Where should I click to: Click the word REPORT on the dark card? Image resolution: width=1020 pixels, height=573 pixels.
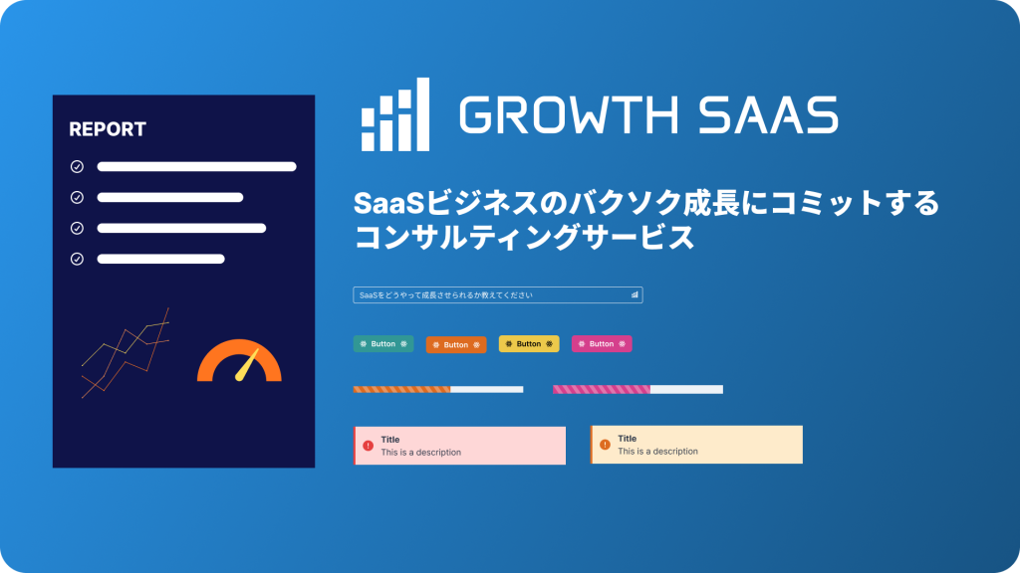[108, 129]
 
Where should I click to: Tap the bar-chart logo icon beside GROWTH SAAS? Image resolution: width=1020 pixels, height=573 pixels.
[395, 114]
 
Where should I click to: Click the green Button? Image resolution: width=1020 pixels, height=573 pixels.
[383, 344]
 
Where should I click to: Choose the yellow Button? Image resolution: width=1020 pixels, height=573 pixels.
[529, 344]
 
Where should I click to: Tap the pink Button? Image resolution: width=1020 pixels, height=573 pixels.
[602, 344]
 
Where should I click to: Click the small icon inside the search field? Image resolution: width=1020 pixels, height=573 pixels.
[635, 294]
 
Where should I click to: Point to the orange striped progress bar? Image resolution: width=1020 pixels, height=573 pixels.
[402, 389]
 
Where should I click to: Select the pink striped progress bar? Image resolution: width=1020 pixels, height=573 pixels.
[602, 389]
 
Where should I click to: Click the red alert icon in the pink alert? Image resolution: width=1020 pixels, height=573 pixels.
[368, 446]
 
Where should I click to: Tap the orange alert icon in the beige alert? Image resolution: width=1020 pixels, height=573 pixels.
[605, 444]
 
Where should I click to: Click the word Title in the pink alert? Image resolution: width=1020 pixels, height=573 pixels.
[390, 440]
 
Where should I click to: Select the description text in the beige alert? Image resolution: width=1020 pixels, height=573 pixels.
[657, 452]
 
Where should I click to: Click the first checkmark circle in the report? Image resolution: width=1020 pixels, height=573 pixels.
[77, 167]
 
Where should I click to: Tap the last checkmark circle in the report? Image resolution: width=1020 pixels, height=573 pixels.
[77, 259]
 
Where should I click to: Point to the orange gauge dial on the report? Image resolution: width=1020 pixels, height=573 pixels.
[239, 363]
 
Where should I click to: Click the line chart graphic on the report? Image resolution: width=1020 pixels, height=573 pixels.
[125, 353]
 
